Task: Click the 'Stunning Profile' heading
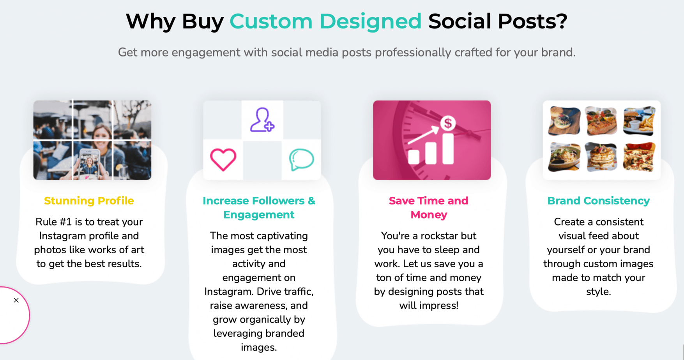click(89, 201)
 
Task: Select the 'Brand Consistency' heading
click(598, 201)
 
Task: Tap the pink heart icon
click(223, 159)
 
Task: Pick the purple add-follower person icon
click(262, 120)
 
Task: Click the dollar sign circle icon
click(448, 123)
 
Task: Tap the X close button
click(16, 300)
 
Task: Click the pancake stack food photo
click(601, 157)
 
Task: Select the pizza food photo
click(639, 157)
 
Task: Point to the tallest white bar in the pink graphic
click(448, 148)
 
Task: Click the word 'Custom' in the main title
click(271, 21)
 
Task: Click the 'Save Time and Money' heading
click(429, 208)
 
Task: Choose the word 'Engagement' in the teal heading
click(259, 215)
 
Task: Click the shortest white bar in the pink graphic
click(414, 157)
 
